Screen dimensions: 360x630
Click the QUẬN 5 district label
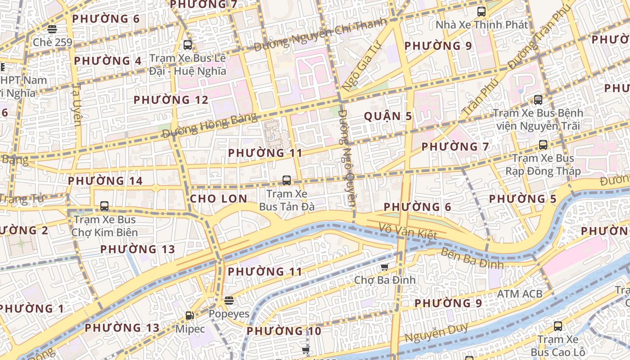(388, 116)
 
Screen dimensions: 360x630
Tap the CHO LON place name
(219, 199)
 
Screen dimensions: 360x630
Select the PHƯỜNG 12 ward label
(171, 100)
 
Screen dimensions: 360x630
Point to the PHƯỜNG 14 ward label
(105, 181)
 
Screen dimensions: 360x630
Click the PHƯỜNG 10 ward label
(284, 332)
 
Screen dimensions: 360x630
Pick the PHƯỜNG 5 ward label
(522, 199)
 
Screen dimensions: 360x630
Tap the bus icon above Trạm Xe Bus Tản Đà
(286, 180)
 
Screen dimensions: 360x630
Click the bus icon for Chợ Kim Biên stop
(104, 206)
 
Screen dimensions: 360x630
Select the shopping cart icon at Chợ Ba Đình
(384, 267)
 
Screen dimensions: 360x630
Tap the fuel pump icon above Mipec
(190, 315)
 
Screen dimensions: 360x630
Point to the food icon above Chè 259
(52, 29)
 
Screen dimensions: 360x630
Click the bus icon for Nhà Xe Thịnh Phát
(481, 12)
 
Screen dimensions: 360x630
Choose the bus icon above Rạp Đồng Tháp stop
(543, 145)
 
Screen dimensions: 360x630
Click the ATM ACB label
(520, 294)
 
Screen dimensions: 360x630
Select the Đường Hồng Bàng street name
(209, 126)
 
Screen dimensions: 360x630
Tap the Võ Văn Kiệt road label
(408, 231)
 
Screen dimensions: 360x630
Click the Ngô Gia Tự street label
(361, 65)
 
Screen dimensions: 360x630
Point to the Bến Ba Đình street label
(472, 258)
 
